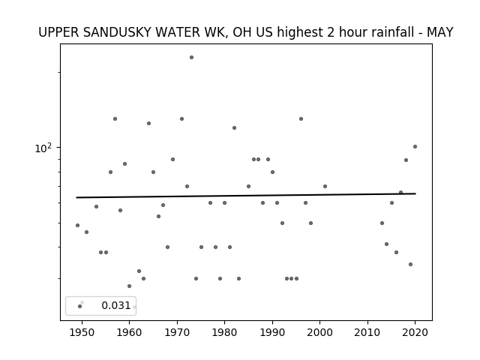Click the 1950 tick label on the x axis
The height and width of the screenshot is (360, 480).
tap(82, 332)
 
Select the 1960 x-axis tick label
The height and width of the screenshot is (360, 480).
tap(129, 332)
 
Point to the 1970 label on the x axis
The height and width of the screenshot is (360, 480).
tap(177, 332)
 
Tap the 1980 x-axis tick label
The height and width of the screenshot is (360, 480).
tap(224, 332)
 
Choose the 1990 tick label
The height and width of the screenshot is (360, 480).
tap(272, 332)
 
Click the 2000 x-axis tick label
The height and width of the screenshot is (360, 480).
tap(319, 332)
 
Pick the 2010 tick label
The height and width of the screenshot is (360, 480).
tap(367, 332)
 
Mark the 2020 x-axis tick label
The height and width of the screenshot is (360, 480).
tap(415, 332)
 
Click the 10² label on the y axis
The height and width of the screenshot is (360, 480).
tap(43, 148)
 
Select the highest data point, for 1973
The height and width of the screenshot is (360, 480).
tap(191, 57)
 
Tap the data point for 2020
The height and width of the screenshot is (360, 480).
tap(415, 147)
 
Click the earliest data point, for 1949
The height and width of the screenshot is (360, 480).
tap(77, 225)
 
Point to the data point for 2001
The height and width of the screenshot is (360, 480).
tap(325, 187)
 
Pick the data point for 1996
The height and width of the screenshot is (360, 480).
tap(301, 118)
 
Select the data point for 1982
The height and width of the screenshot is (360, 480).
tap(234, 128)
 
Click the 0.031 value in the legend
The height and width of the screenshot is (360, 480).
tap(116, 305)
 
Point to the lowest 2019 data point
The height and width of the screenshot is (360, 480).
tap(410, 264)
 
